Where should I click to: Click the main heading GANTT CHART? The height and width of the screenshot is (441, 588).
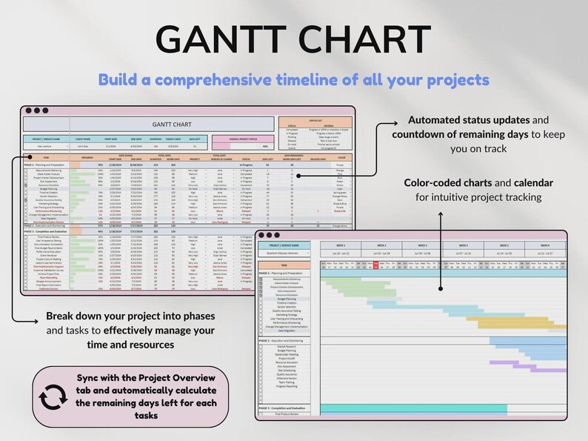coord(294,39)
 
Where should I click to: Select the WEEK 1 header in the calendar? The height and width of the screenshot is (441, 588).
coord(341,245)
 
